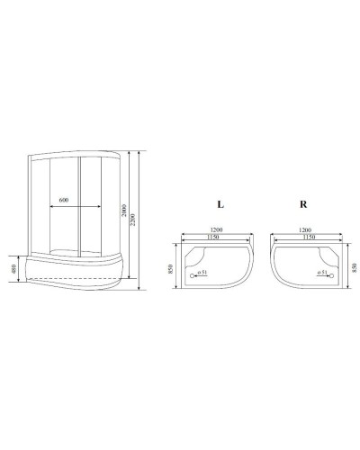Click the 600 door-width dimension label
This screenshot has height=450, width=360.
click(x=63, y=199)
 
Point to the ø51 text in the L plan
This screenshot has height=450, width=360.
click(x=203, y=272)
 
